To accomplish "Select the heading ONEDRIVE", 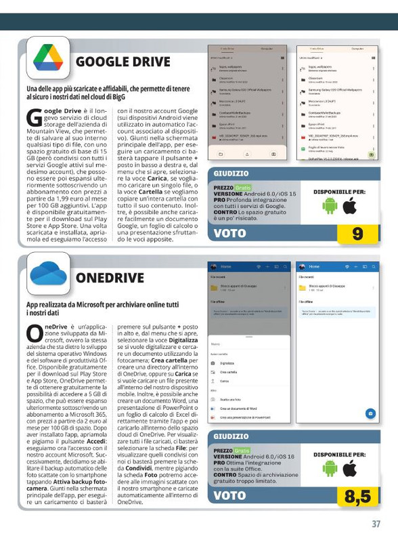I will tap(110, 278).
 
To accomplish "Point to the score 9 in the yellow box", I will tap(357, 234).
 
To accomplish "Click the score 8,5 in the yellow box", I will tap(357, 497).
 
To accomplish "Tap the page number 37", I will tap(376, 524).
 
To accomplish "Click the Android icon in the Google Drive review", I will tap(330, 207).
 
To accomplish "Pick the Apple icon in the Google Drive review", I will tap(350, 207).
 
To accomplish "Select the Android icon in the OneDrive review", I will tap(330, 470).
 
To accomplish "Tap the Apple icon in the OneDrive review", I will tap(350, 470).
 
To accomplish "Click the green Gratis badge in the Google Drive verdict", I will tap(243, 188).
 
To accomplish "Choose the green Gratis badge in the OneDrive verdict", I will tap(243, 451).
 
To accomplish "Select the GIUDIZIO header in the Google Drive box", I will tap(231, 174).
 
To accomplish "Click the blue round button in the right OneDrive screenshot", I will tap(370, 413).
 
